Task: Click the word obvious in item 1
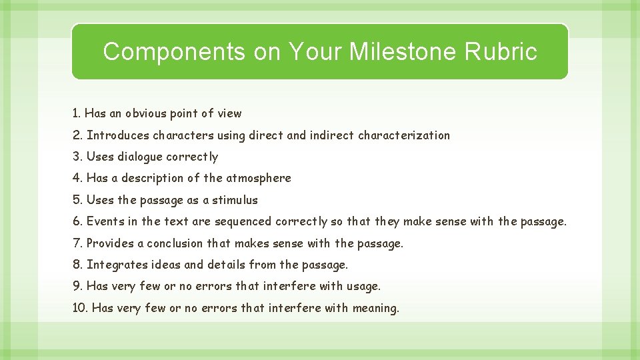click(147, 113)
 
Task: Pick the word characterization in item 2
click(404, 135)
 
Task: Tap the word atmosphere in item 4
click(259, 178)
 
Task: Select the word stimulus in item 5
click(235, 200)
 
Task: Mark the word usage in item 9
click(363, 286)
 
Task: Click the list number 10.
click(80, 308)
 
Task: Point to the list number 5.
click(77, 200)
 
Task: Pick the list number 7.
click(77, 243)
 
